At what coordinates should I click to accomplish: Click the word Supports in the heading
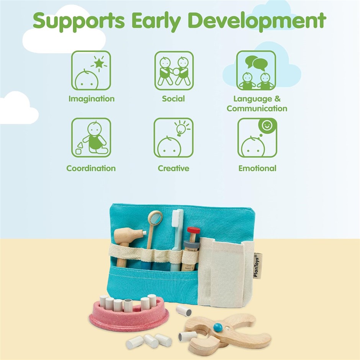[x=79, y=21]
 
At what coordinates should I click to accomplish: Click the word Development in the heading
[x=257, y=21]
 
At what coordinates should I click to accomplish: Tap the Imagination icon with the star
[x=91, y=70]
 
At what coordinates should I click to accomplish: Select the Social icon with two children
[x=174, y=70]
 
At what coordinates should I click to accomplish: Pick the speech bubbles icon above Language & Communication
[x=256, y=70]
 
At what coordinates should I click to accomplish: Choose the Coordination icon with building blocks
[x=91, y=137]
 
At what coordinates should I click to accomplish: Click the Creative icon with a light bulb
[x=173, y=137]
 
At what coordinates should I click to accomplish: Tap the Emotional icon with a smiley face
[x=257, y=137]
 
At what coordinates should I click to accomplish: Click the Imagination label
[x=92, y=99]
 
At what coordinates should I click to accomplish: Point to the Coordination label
[x=91, y=168]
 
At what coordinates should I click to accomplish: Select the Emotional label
[x=257, y=168]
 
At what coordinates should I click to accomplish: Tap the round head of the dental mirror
[x=155, y=217]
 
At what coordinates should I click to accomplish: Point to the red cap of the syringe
[x=193, y=230]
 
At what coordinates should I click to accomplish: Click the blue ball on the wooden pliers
[x=218, y=327]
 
